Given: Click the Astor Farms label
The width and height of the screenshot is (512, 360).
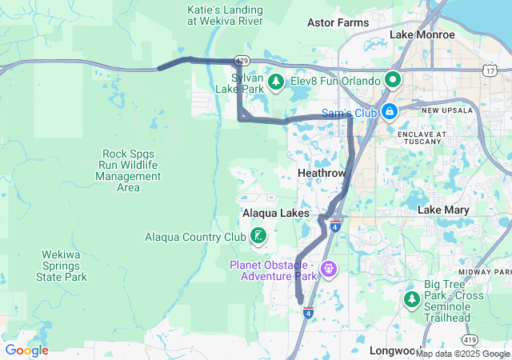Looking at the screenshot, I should click(x=338, y=23).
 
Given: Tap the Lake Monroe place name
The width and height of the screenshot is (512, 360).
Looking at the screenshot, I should click(x=422, y=35).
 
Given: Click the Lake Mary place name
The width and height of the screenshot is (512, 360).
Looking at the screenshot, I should click(x=443, y=210).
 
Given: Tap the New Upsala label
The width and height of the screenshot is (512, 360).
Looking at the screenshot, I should click(x=442, y=110).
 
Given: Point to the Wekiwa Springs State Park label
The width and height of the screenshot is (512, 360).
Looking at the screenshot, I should click(x=62, y=266).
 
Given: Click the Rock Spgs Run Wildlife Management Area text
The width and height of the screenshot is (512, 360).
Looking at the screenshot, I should click(x=128, y=170).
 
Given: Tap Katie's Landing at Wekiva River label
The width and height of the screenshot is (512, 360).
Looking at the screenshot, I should click(x=225, y=15).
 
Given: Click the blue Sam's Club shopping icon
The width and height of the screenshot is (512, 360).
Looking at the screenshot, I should click(x=390, y=111).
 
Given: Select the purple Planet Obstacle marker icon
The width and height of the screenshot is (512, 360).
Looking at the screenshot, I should click(x=328, y=270).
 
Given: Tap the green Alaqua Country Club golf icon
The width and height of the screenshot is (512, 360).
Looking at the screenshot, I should click(x=258, y=235).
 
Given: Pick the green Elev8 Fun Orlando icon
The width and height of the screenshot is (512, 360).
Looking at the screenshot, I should click(x=393, y=79).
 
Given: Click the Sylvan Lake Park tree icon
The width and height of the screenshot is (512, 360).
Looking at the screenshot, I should click(x=276, y=82).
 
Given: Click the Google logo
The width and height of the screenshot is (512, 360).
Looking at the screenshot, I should click(x=26, y=350).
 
